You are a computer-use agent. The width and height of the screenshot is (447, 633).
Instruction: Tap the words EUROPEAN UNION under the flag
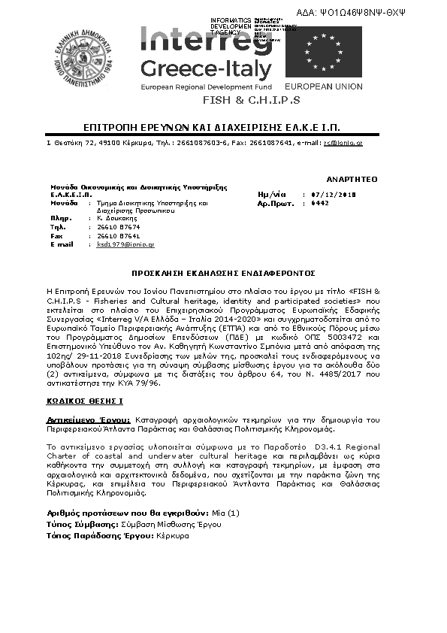(334, 87)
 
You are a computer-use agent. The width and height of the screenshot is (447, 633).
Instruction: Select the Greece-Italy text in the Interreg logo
(207, 70)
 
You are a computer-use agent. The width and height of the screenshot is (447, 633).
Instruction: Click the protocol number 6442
(319, 203)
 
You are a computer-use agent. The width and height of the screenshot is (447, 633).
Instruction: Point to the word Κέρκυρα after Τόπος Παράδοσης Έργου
(173, 535)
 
